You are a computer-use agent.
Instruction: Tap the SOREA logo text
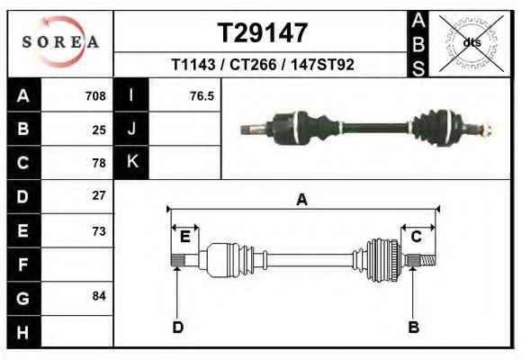(x=61, y=42)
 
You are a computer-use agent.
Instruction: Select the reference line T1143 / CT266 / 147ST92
(x=263, y=67)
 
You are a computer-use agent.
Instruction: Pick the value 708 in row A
(x=95, y=95)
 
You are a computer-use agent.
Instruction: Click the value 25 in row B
(x=99, y=130)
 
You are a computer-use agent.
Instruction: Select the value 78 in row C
(x=99, y=163)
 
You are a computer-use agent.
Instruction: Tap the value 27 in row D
(x=99, y=195)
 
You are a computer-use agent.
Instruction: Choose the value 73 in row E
(x=99, y=230)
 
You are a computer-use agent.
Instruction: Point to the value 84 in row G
(x=99, y=296)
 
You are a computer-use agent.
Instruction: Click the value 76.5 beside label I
(x=202, y=95)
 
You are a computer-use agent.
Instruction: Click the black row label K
(x=131, y=162)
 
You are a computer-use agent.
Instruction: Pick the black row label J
(x=131, y=129)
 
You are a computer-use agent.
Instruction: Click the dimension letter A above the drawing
(x=301, y=200)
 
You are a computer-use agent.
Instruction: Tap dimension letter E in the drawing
(x=184, y=237)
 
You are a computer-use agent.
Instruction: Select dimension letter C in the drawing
(x=417, y=237)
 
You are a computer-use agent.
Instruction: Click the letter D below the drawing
(x=178, y=327)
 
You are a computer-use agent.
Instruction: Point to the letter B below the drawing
(x=414, y=327)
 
